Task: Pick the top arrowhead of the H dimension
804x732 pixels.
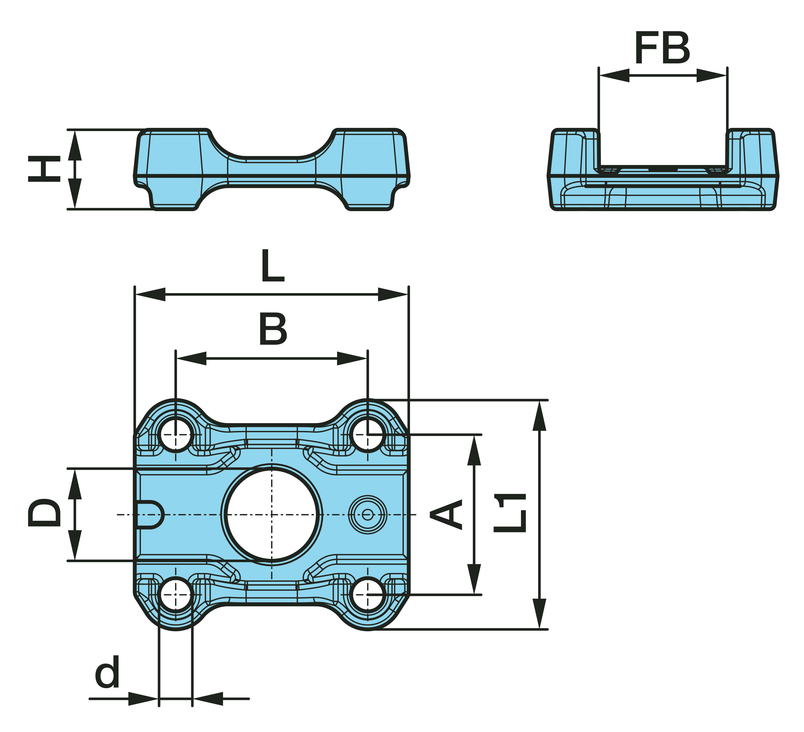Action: [75, 146]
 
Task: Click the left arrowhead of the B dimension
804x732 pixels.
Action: [191, 358]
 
